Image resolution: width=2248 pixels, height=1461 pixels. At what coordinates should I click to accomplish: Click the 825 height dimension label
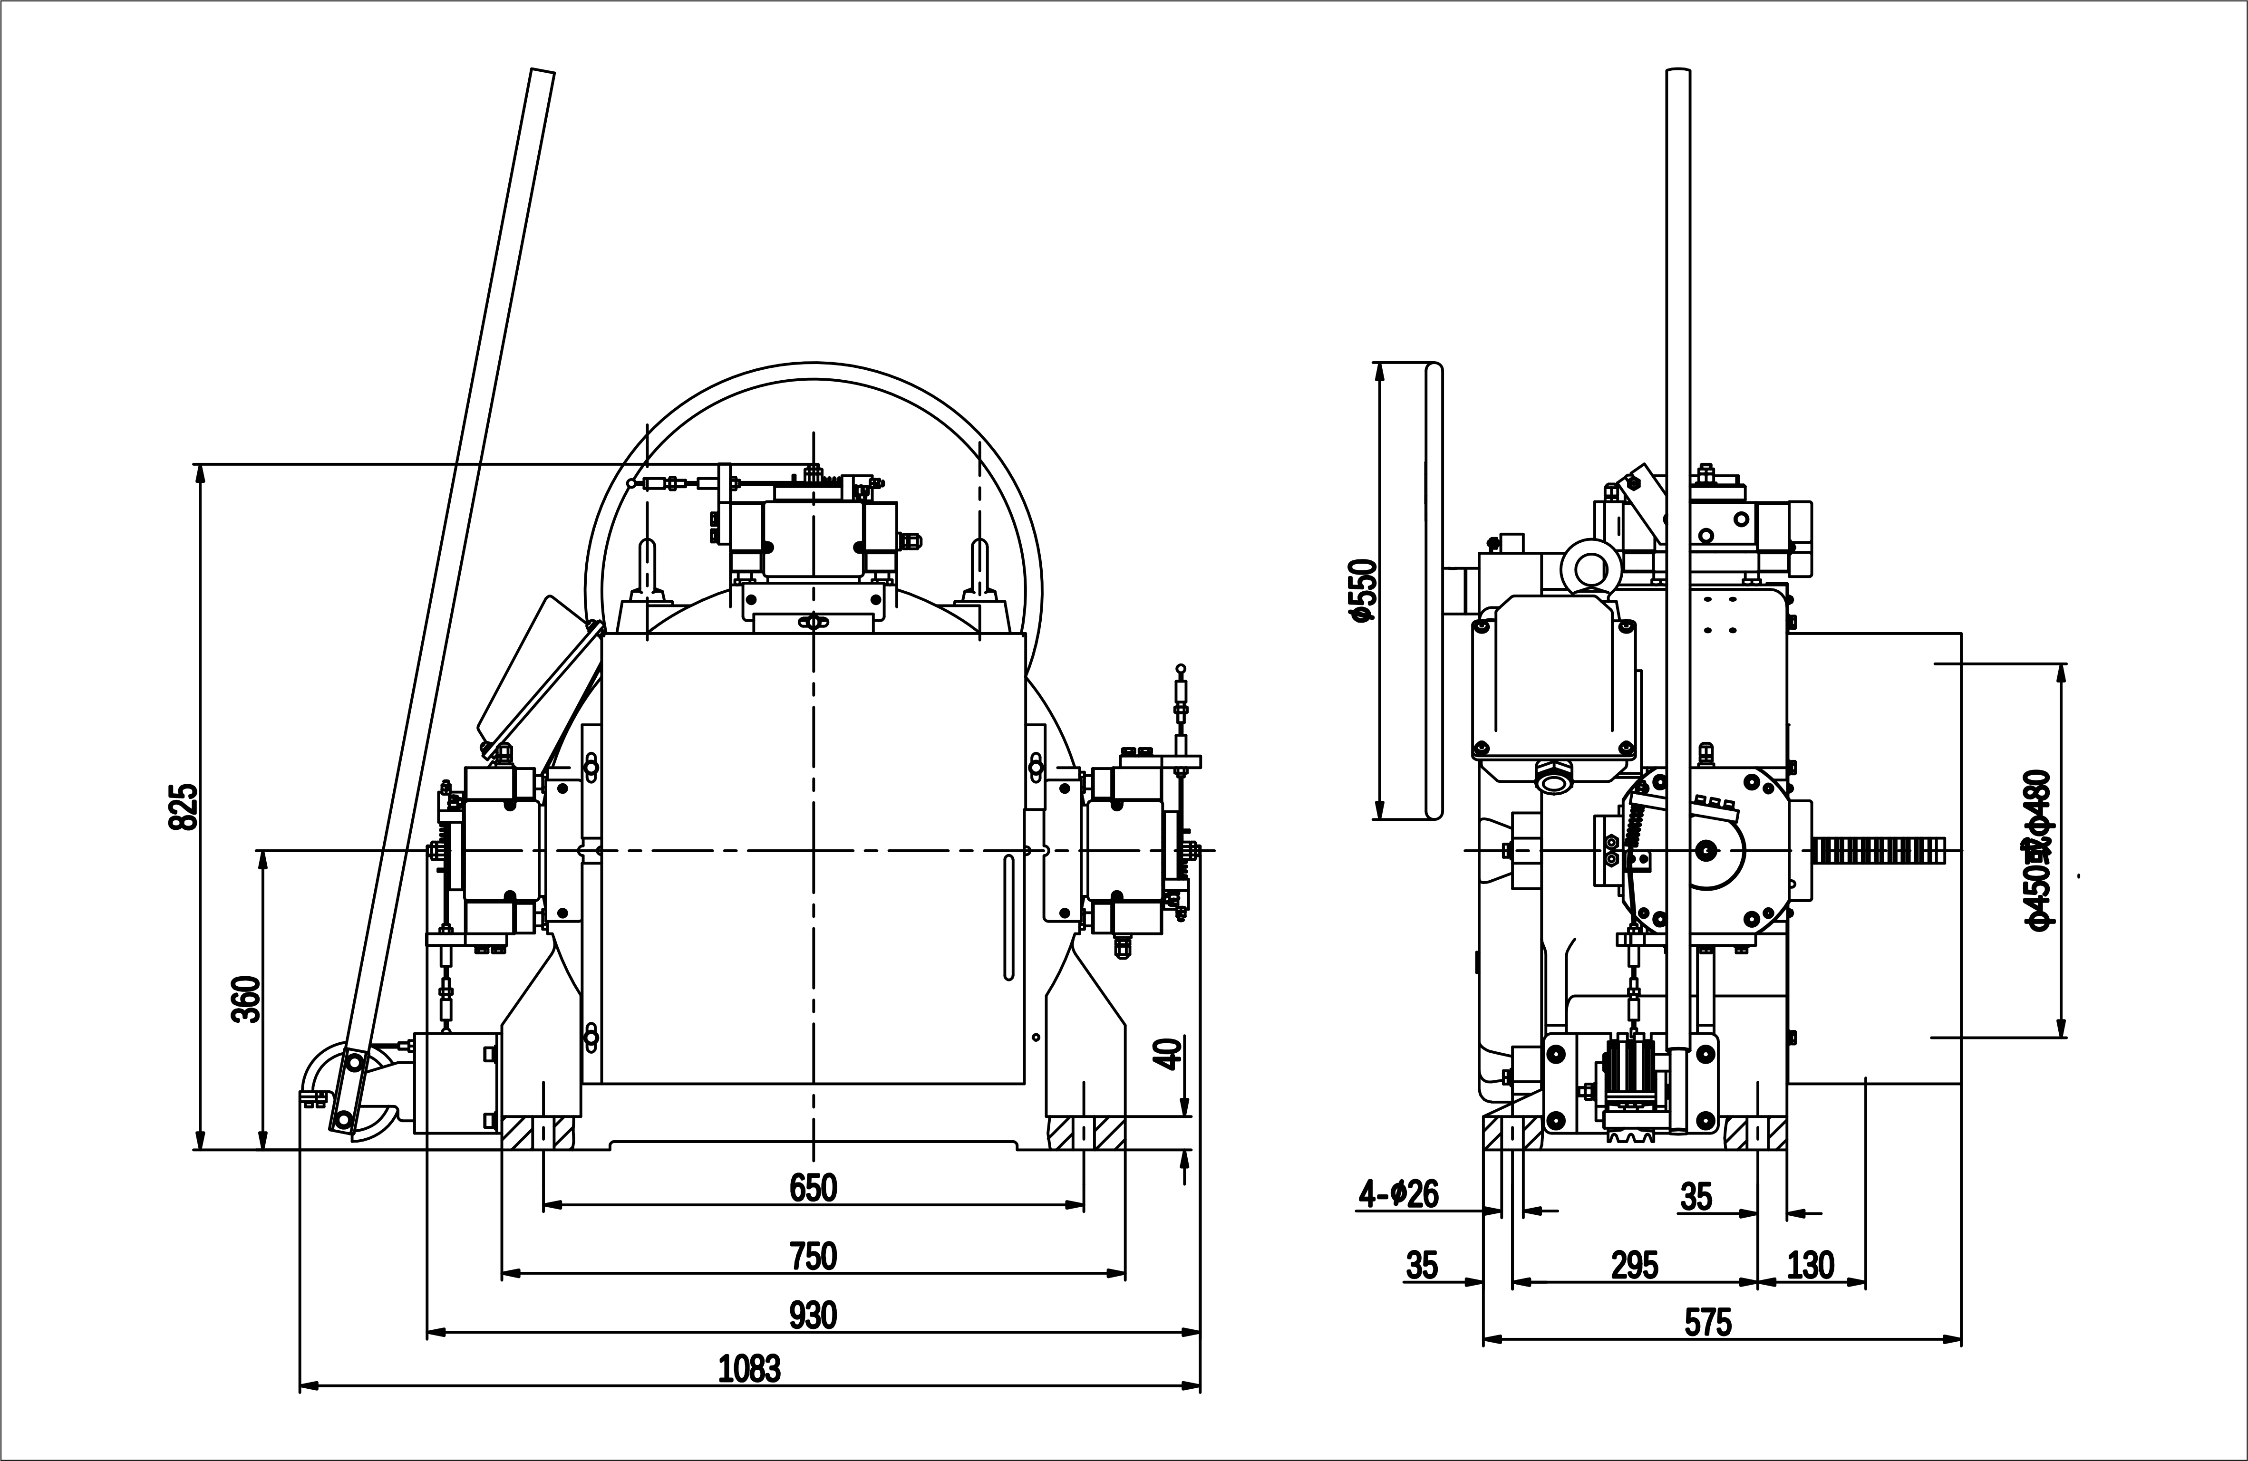coord(184,806)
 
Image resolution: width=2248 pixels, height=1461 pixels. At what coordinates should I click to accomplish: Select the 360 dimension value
coord(246,999)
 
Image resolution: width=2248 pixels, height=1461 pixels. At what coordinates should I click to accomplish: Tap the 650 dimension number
coord(813,1187)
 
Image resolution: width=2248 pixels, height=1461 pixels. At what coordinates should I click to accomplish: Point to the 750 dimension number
coord(813,1256)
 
